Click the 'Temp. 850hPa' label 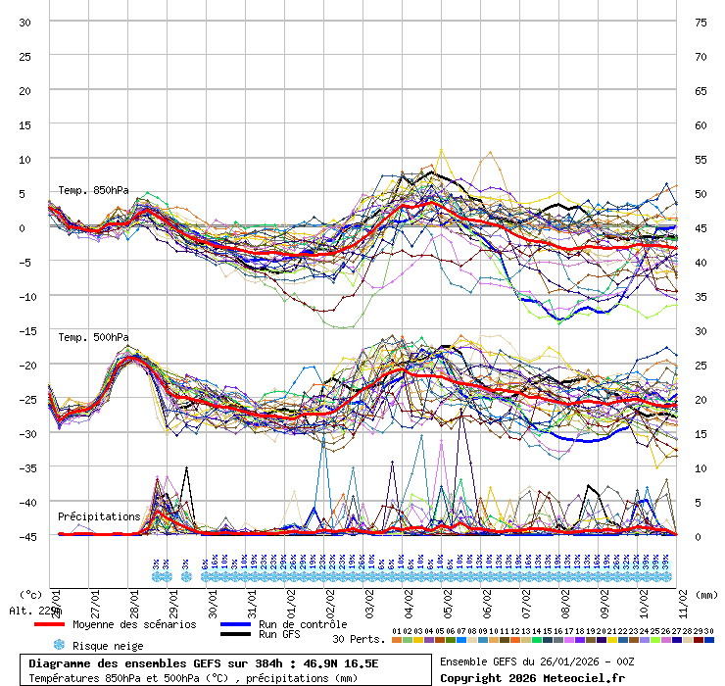point(93,190)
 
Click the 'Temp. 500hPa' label point(93,337)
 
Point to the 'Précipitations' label point(98,515)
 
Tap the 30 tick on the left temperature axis point(25,22)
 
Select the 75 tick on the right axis point(701,22)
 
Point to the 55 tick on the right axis point(701,159)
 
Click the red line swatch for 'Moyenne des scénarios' point(49,624)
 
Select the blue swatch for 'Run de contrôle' point(235,624)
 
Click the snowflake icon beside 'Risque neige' point(59,645)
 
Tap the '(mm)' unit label point(707,594)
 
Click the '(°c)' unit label point(30,594)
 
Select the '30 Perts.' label point(358,639)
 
